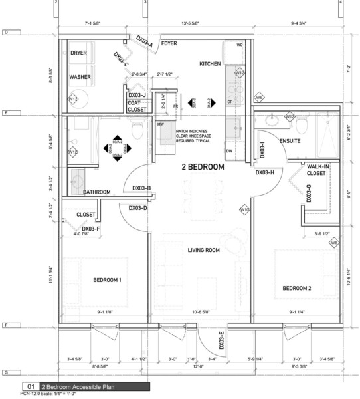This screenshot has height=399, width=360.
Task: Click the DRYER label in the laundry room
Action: (x=80, y=53)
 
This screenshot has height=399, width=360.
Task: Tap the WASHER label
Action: (x=80, y=77)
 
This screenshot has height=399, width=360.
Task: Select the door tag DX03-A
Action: (x=144, y=41)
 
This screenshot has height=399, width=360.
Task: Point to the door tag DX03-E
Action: (x=221, y=340)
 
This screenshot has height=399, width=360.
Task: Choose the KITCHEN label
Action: (x=210, y=64)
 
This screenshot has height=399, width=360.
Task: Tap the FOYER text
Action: (x=169, y=44)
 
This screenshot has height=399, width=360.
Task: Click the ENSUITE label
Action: (x=290, y=141)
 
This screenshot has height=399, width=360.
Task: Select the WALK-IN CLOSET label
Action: (x=316, y=170)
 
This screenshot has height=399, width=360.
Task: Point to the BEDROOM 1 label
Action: (x=107, y=279)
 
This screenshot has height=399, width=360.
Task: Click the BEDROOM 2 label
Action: (x=296, y=288)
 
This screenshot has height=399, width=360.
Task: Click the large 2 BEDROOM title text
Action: (x=203, y=168)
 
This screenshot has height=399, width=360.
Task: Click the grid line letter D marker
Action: (x=5, y=32)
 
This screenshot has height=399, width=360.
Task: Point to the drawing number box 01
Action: (x=31, y=386)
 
